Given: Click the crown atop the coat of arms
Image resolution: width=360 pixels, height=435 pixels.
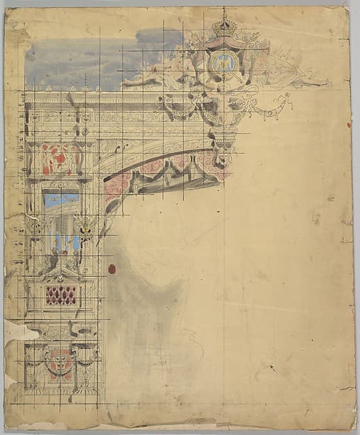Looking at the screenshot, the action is coord(224,27).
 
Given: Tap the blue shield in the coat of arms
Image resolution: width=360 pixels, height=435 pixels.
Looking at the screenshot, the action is coord(222,63).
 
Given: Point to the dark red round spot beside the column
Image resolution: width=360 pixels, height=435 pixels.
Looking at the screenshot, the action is coord(111,269).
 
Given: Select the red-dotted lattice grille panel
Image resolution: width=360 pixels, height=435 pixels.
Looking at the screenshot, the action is coord(61,295).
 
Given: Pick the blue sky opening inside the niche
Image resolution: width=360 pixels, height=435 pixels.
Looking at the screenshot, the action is coord(61,200).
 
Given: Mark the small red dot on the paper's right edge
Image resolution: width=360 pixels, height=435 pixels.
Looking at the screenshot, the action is coord(347,125).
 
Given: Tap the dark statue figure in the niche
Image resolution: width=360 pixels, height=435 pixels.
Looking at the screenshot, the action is coord(49,259).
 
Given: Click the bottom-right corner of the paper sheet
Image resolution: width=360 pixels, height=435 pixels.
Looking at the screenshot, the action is coord(354,426).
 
